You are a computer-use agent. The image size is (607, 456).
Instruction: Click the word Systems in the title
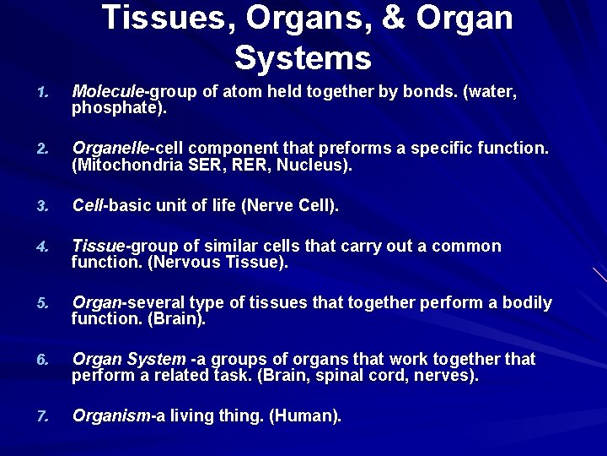(303, 58)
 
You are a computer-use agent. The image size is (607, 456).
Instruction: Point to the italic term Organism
(110, 415)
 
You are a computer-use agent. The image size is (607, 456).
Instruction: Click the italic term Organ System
(129, 359)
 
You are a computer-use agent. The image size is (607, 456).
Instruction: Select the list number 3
(44, 206)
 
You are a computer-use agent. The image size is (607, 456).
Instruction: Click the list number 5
(44, 303)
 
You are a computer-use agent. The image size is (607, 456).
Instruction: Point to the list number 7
(44, 416)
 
